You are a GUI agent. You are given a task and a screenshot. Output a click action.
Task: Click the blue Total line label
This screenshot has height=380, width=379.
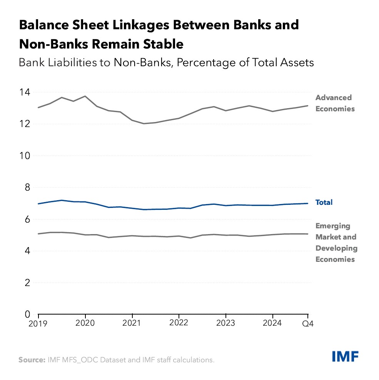click(x=324, y=203)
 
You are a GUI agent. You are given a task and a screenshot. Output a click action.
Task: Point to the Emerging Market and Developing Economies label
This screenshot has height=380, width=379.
click(x=336, y=243)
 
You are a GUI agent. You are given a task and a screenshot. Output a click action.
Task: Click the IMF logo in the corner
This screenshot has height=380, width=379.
click(x=345, y=357)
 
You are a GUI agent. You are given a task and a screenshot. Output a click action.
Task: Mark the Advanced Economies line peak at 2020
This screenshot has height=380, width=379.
click(x=85, y=96)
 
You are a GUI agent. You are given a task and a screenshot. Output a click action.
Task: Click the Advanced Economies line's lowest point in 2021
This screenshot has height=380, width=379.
click(x=144, y=124)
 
